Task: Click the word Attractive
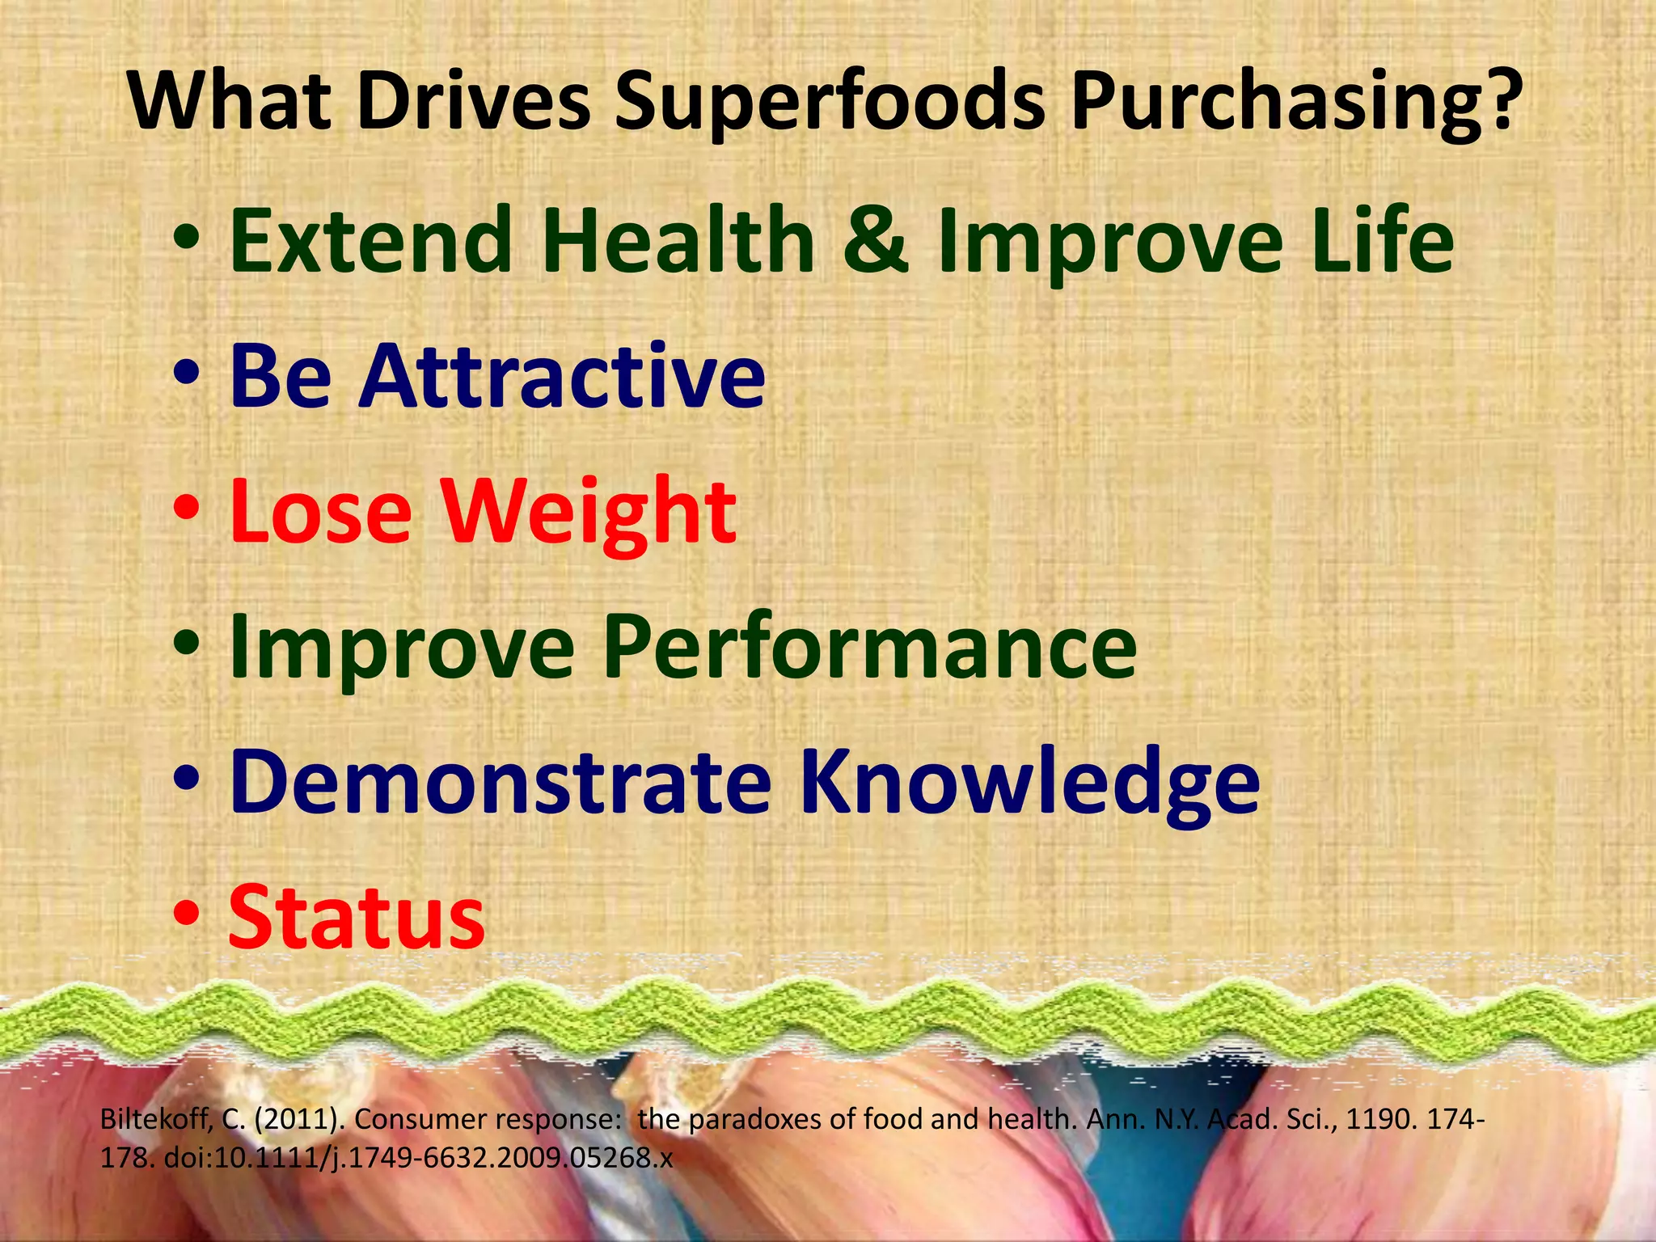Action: (x=563, y=377)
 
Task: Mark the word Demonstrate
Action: (x=501, y=783)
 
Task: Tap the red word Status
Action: (x=357, y=919)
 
